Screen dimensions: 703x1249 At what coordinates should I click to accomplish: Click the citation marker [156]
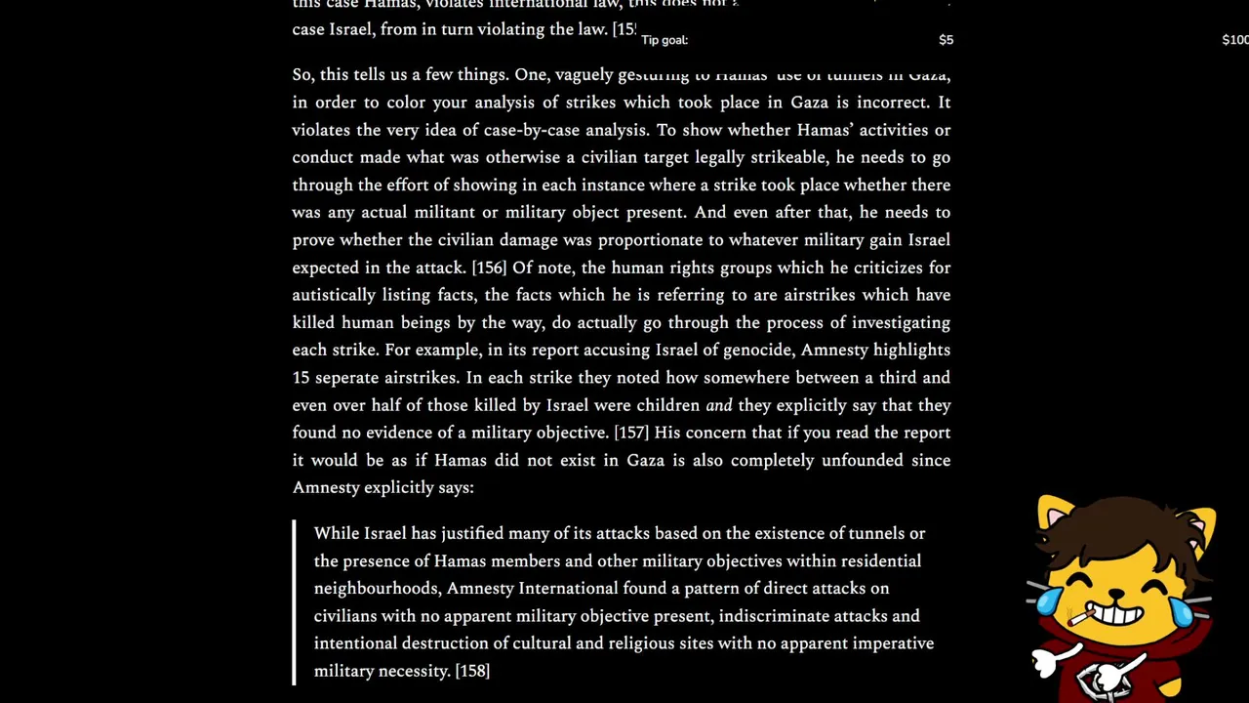tap(489, 268)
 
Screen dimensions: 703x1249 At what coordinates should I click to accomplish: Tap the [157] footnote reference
tap(631, 433)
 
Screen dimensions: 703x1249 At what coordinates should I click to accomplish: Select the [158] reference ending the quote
tap(472, 671)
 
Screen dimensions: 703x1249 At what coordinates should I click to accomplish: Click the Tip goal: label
tap(665, 40)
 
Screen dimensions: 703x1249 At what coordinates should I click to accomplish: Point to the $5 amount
tap(946, 40)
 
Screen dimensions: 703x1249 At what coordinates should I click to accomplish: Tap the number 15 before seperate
tap(301, 378)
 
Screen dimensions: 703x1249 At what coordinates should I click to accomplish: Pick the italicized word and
tap(718, 405)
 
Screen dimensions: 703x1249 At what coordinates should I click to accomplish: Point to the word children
tap(668, 405)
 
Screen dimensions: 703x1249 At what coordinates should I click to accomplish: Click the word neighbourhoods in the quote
tap(376, 589)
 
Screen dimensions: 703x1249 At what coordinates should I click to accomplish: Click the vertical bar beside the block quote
tap(294, 601)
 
